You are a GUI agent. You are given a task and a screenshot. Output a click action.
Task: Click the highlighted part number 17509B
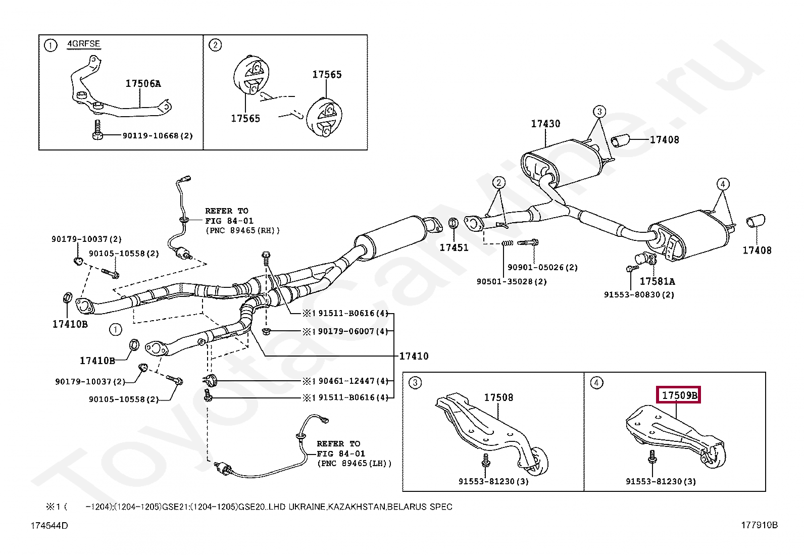pos(679,395)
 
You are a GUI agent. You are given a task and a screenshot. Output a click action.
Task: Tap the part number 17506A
pos(143,84)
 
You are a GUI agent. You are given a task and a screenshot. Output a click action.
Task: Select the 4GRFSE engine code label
pos(84,44)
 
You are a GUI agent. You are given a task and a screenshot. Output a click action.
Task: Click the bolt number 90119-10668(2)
pos(158,136)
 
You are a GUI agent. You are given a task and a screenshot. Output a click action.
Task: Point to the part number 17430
pos(545,124)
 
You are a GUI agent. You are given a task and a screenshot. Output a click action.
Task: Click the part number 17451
pos(454,247)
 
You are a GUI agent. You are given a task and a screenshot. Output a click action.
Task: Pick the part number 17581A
pos(657,281)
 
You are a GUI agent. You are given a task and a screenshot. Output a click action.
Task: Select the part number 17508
pos(498,397)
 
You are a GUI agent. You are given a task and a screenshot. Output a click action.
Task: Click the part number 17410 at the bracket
pos(414,356)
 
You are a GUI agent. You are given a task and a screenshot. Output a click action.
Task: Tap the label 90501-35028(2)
pos(512,281)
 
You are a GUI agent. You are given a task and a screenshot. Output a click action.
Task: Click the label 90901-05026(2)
pos(543,268)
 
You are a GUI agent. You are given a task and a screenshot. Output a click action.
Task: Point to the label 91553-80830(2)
pos(639,295)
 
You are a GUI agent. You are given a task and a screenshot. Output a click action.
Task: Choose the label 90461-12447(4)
pos(353,381)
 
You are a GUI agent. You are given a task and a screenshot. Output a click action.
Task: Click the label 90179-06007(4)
pos(353,331)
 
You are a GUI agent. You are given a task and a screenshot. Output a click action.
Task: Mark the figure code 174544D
pos(49,526)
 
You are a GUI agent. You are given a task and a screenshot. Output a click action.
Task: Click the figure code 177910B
pos(760,525)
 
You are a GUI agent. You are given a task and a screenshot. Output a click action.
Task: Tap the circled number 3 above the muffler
pos(599,112)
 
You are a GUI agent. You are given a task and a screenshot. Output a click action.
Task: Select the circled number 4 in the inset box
pos(596,383)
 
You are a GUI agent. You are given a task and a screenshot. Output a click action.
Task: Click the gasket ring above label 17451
pos(454,223)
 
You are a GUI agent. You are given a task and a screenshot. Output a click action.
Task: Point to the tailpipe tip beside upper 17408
pos(621,141)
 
